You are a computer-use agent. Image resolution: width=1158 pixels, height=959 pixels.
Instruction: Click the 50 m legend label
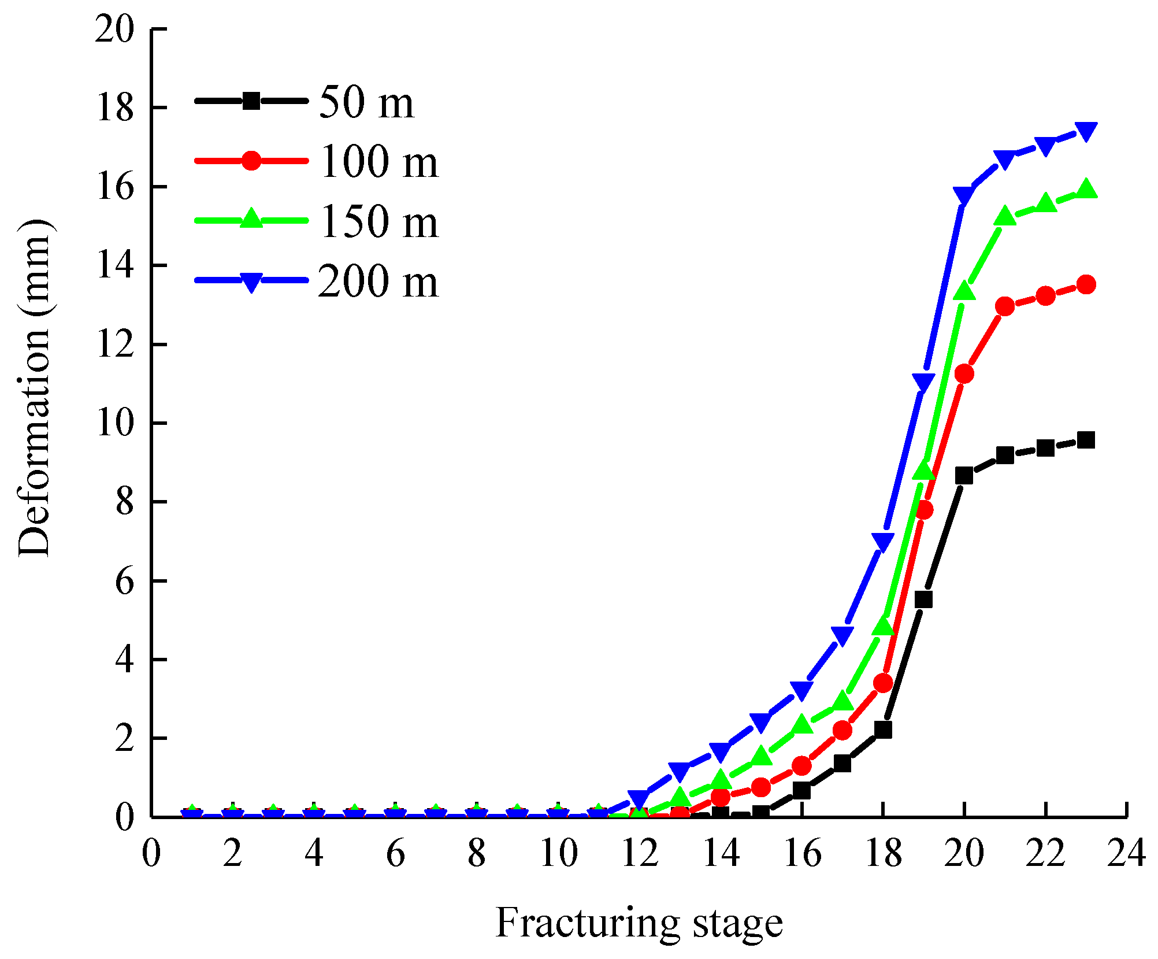coord(366,103)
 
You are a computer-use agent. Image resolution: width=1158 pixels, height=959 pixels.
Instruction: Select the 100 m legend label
coord(378,162)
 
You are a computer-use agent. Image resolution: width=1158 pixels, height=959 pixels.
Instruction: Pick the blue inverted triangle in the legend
coord(251,282)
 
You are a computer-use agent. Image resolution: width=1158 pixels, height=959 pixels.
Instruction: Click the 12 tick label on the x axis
coord(639,853)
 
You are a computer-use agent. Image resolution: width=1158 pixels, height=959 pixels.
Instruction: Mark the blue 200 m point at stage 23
coord(1086,131)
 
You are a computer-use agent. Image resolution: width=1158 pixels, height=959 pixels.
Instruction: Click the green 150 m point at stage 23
coord(1086,190)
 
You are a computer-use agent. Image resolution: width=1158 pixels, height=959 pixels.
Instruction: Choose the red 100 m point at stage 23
coord(1086,284)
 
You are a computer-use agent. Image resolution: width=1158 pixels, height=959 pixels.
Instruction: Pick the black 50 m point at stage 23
coord(1086,440)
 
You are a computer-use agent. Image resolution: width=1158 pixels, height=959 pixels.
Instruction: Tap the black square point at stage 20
coord(964,476)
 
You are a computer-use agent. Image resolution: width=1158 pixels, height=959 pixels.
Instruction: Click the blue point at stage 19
coord(923,382)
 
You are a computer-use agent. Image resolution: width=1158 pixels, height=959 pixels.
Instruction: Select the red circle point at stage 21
coord(1005,306)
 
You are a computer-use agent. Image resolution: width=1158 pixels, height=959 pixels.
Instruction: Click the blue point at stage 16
coord(801,690)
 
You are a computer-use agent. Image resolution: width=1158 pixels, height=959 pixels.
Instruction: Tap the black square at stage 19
coord(923,599)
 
